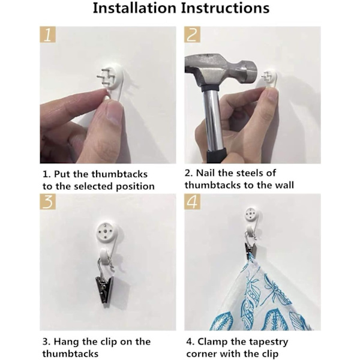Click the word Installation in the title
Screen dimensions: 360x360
point(135,8)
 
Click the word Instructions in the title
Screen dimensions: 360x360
point(225,8)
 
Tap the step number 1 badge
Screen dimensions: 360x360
point(48,34)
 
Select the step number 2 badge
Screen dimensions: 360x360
point(192,34)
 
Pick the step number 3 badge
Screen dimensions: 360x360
point(48,202)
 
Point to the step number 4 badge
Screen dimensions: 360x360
point(192,202)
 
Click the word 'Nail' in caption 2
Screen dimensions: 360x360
point(205,173)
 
